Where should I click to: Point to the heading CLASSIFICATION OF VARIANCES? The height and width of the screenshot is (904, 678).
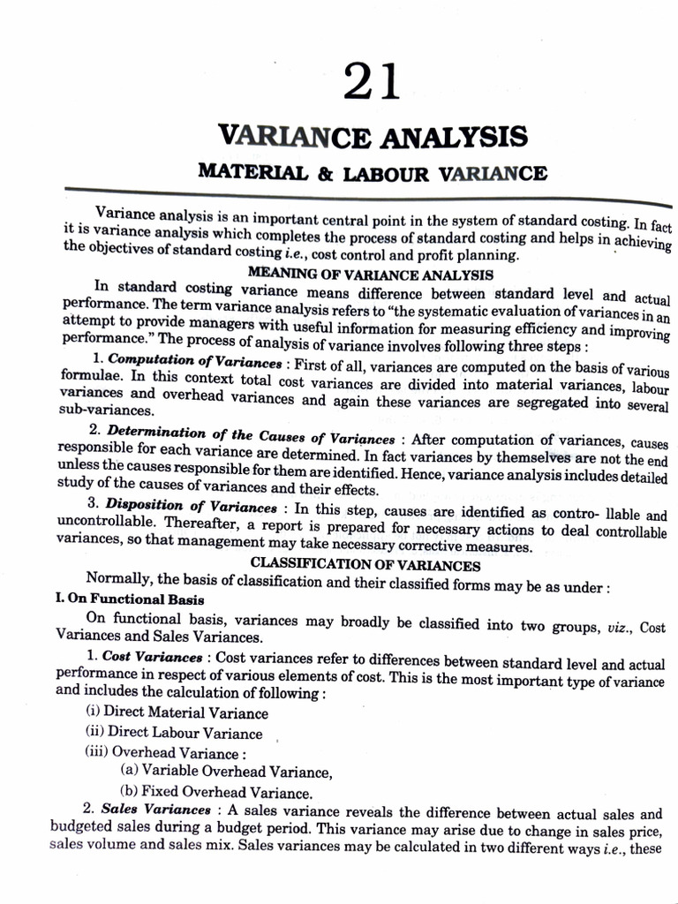(x=365, y=565)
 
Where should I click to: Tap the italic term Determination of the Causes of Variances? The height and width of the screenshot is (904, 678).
(x=251, y=438)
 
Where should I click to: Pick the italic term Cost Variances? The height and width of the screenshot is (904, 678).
(x=152, y=657)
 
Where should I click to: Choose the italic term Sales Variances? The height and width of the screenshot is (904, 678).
(x=154, y=810)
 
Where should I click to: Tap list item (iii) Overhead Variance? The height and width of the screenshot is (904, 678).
(x=162, y=753)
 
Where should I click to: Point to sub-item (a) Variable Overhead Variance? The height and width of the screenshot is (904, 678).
(x=226, y=772)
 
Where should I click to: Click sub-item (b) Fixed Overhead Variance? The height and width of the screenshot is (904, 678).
(x=215, y=792)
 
